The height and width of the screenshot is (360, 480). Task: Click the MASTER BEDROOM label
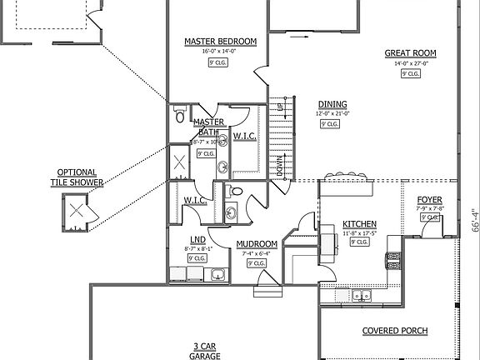pos(220,41)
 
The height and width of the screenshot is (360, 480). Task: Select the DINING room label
pos(328,104)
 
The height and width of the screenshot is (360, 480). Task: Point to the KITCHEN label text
pos(359,224)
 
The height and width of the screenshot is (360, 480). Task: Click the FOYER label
pos(429,201)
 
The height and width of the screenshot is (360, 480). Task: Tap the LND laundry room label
pos(197,238)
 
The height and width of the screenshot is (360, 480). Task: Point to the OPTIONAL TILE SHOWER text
pos(77,177)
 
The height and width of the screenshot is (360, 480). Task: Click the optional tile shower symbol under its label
pos(77,209)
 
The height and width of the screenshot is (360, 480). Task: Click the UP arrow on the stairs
pos(280,107)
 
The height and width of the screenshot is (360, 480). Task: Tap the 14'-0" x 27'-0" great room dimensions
pos(410,62)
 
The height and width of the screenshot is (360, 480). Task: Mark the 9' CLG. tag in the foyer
pos(429,217)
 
